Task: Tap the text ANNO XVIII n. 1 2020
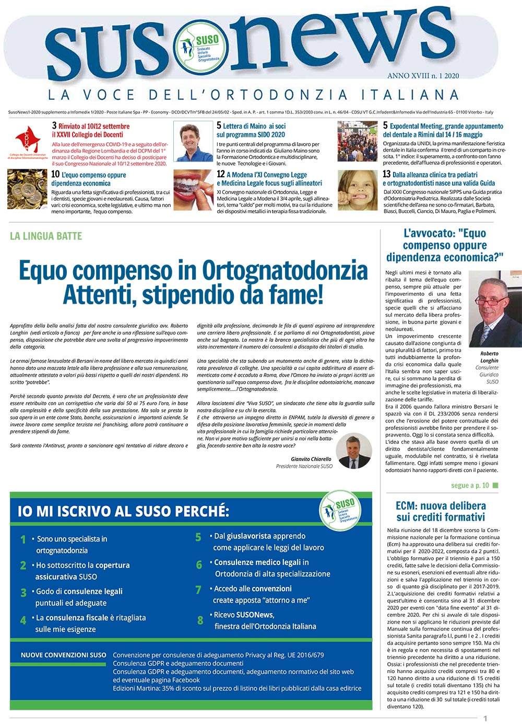[423, 76]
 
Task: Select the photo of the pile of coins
[28, 189]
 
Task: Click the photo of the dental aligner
[193, 190]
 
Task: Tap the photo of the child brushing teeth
[357, 190]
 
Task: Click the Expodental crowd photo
[357, 141]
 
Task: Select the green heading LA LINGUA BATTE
[46, 236]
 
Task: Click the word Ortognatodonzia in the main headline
[284, 271]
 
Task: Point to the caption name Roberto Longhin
[489, 357]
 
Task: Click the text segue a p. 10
[470, 486]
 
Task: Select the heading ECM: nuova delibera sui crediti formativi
[441, 511]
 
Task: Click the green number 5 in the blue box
[198, 537]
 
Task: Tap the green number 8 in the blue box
[200, 620]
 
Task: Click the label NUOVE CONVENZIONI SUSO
[63, 655]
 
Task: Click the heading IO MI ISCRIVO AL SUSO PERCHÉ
[123, 511]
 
